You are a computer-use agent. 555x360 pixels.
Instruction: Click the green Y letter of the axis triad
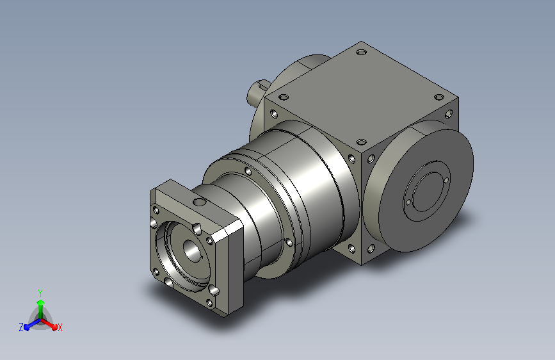[x=40, y=293]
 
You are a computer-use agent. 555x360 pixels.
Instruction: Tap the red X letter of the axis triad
[x=60, y=328]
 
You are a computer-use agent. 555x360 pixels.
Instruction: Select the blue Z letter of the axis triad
[x=21, y=327]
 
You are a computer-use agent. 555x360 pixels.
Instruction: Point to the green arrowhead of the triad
[x=41, y=303]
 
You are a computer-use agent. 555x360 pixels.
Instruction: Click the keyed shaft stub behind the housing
[x=257, y=92]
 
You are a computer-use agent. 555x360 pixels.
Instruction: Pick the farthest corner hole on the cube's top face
[x=362, y=53]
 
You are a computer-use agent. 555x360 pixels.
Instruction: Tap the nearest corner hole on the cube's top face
[x=361, y=142]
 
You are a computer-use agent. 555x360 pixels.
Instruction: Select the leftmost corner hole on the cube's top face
[x=284, y=97]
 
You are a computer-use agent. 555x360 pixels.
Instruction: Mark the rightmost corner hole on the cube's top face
[x=439, y=97]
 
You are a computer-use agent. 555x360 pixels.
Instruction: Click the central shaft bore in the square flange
[x=191, y=250]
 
